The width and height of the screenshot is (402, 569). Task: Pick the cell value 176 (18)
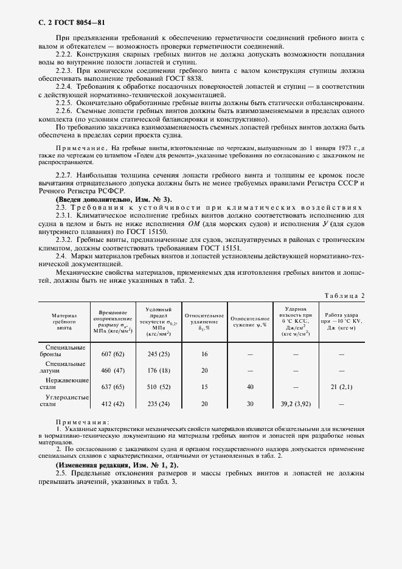(158, 370)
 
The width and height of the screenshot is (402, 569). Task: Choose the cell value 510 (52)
(158, 386)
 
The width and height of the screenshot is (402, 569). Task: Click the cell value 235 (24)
(158, 402)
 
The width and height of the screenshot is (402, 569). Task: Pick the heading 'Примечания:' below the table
(82, 422)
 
